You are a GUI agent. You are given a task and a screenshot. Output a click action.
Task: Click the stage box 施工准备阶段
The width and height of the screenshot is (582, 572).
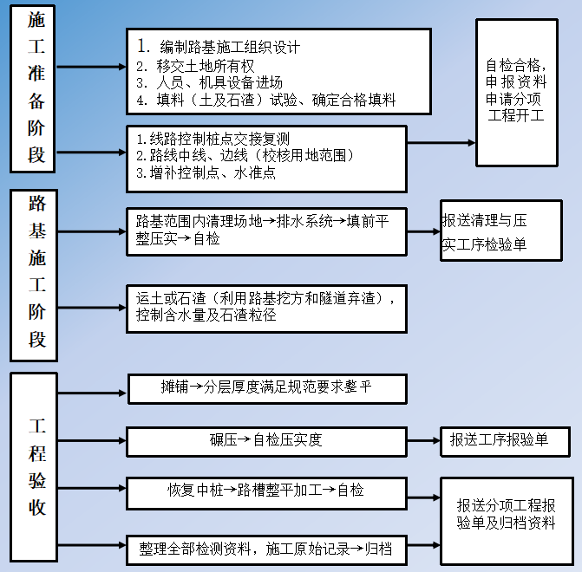pyautogui.click(x=36, y=90)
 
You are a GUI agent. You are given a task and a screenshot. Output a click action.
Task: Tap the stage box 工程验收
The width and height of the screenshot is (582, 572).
pyautogui.click(x=34, y=468)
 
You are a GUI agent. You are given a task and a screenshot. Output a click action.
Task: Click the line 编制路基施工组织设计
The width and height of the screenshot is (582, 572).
pyautogui.click(x=230, y=46)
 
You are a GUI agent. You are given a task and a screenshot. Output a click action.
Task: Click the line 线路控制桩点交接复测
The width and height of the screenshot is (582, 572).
pyautogui.click(x=213, y=139)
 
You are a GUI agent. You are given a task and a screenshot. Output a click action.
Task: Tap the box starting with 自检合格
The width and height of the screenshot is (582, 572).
pyautogui.click(x=516, y=92)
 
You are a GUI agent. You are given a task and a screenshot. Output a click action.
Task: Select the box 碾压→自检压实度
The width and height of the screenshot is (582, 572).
pyautogui.click(x=266, y=440)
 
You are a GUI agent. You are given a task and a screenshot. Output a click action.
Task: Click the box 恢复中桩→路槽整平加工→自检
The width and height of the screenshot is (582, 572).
pyautogui.click(x=266, y=491)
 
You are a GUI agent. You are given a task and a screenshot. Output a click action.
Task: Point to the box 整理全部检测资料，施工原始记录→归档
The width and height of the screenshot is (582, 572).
pyautogui.click(x=266, y=549)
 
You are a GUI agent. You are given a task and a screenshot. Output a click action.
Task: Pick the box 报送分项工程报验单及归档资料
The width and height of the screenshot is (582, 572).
pyautogui.click(x=507, y=514)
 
